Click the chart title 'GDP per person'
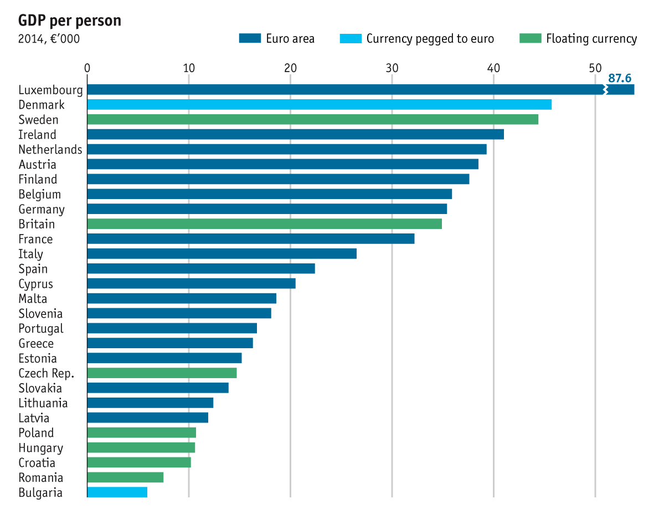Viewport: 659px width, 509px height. (x=70, y=21)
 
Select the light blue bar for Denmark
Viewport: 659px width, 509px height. (x=319, y=105)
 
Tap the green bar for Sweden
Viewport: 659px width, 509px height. (x=312, y=120)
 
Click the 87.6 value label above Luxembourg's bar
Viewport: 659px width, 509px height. (x=620, y=78)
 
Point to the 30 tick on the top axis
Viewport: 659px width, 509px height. (x=392, y=68)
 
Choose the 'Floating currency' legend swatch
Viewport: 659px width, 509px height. (x=530, y=39)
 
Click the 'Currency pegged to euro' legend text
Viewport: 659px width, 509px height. (x=430, y=39)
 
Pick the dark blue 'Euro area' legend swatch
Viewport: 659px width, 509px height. (x=250, y=39)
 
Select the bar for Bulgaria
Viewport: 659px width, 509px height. (x=117, y=492)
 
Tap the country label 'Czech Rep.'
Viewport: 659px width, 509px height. (x=46, y=373)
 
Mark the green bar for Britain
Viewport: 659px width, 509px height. (x=264, y=224)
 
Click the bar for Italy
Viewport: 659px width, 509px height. (x=222, y=254)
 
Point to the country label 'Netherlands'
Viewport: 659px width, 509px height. (x=50, y=150)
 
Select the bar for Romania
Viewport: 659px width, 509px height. (x=125, y=477)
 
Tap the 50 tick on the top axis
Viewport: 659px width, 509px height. (x=595, y=68)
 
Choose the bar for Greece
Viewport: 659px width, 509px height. (x=170, y=343)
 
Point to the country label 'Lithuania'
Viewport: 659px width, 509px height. (x=43, y=403)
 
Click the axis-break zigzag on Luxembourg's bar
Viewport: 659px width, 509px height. (x=605, y=90)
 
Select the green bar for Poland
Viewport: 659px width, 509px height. (x=141, y=432)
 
